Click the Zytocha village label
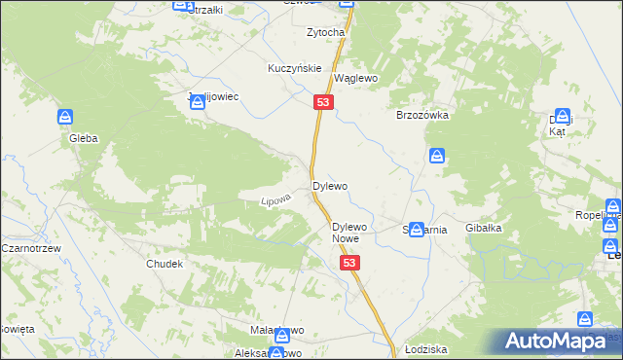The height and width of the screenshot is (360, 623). [326, 32]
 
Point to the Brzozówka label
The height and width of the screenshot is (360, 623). [422, 114]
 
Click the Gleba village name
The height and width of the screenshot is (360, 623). [83, 138]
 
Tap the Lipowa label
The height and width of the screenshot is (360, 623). [275, 198]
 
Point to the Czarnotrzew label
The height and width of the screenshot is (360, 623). [32, 248]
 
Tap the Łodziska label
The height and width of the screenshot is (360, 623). [425, 348]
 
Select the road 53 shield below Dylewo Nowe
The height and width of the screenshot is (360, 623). [350, 264]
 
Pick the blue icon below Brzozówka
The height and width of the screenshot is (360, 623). [438, 156]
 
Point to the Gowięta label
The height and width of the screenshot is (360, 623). [16, 329]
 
